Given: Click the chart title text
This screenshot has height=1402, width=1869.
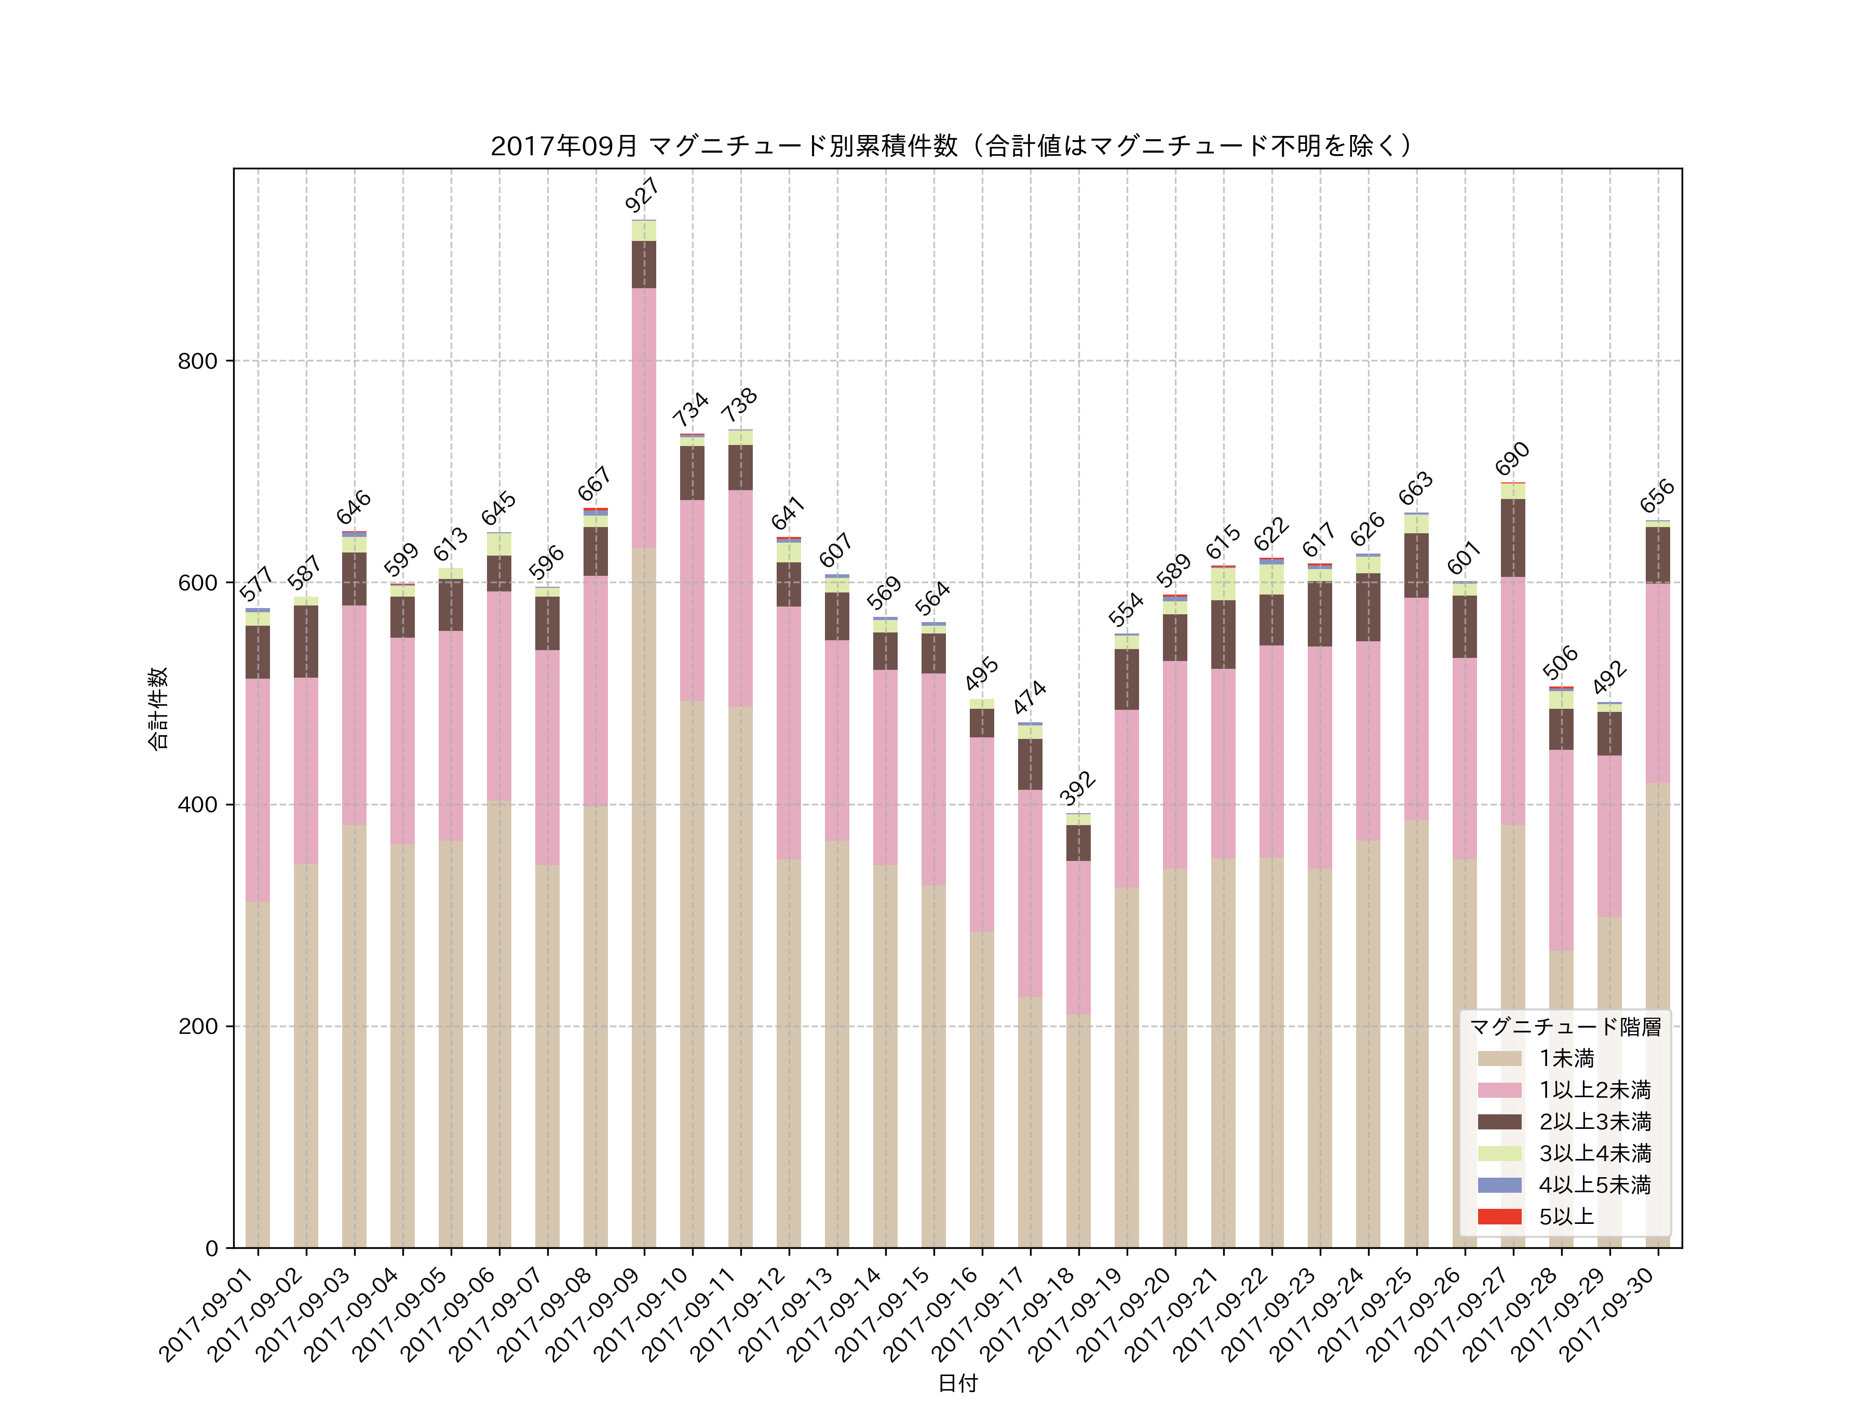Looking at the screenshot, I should click(952, 146).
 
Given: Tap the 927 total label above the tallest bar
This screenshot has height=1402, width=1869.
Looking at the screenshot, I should click(642, 195).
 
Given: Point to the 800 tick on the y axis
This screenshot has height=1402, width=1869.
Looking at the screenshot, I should click(197, 361).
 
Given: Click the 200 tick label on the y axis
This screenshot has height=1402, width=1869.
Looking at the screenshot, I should click(197, 1027).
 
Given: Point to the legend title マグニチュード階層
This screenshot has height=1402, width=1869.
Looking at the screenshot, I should click(1565, 1027).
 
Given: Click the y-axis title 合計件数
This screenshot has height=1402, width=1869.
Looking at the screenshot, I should click(158, 708).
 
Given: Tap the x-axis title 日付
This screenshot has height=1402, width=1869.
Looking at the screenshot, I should click(957, 1383).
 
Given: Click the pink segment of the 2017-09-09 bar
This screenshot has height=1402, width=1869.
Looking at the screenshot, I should click(644, 419).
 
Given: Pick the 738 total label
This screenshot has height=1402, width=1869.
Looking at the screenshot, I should click(739, 406).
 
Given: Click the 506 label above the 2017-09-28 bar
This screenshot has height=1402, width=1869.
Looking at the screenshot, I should click(1560, 663).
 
